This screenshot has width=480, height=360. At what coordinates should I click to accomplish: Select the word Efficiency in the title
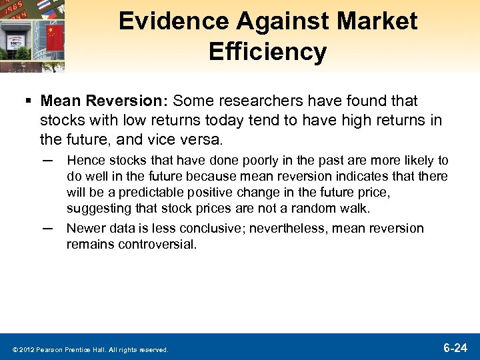268,51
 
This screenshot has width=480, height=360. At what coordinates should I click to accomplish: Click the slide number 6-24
455,347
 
